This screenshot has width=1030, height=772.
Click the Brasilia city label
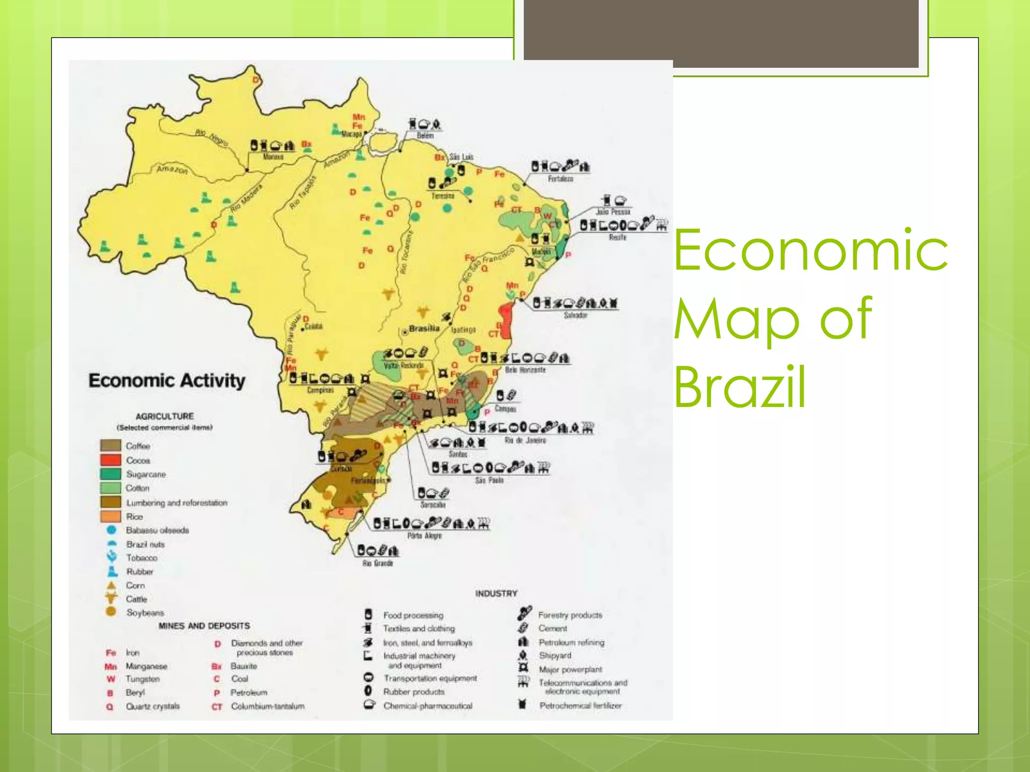point(424,329)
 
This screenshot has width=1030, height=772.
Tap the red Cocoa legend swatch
point(111,460)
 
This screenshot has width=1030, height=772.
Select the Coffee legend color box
point(111,445)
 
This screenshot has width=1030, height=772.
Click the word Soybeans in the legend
point(145,613)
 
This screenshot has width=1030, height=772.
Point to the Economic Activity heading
point(167,380)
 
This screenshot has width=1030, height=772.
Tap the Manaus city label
point(273,157)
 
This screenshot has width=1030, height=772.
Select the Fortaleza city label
point(560,179)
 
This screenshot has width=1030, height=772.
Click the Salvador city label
point(575,315)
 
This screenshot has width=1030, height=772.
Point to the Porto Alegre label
point(424,536)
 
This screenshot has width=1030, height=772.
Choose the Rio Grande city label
point(377,563)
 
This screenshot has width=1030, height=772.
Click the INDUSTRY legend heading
point(496,594)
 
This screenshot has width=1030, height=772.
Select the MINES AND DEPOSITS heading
point(204,626)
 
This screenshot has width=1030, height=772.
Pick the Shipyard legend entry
point(555,655)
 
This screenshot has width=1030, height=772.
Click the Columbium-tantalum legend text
point(268,706)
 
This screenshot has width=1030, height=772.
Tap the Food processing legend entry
point(413,615)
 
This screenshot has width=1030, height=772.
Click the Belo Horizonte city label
point(525,370)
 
